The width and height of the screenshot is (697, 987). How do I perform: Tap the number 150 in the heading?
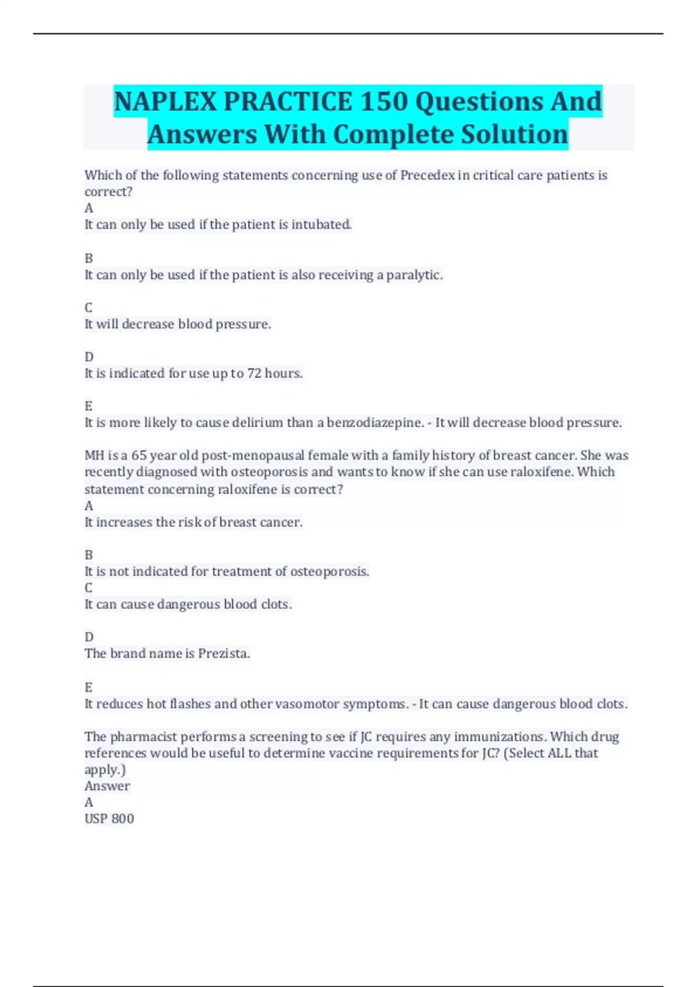tap(384, 102)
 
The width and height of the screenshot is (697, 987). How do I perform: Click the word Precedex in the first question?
tap(427, 175)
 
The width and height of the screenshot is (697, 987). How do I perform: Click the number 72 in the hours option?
tap(254, 373)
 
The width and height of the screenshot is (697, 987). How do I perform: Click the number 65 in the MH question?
tap(139, 456)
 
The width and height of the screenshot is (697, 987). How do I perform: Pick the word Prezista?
tap(224, 654)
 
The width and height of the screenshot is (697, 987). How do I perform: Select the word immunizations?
tap(500, 737)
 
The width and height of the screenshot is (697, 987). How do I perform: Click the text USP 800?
tap(109, 819)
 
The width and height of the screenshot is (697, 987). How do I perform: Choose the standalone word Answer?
tap(107, 786)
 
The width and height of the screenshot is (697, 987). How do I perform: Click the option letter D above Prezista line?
tap(89, 637)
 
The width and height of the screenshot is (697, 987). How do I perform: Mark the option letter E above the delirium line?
tap(89, 406)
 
